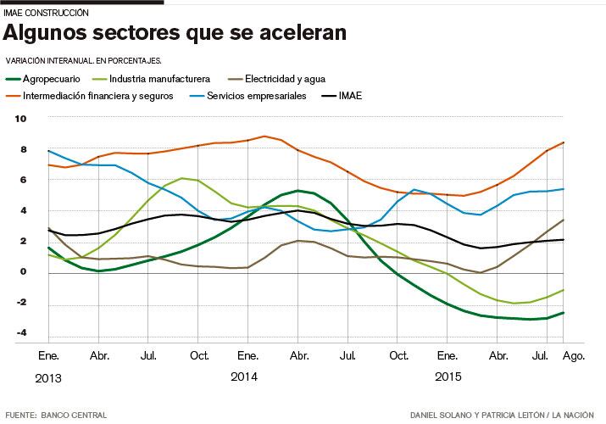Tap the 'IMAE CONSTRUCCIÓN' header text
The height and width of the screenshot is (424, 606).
click(x=47, y=14)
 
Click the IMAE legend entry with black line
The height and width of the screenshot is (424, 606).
click(x=349, y=96)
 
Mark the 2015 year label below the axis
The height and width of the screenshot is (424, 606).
click(x=448, y=375)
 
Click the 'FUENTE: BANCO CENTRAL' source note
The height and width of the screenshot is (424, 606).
click(x=56, y=416)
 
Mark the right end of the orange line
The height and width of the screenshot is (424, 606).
click(x=564, y=142)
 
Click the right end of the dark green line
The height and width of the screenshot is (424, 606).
click(x=564, y=312)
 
